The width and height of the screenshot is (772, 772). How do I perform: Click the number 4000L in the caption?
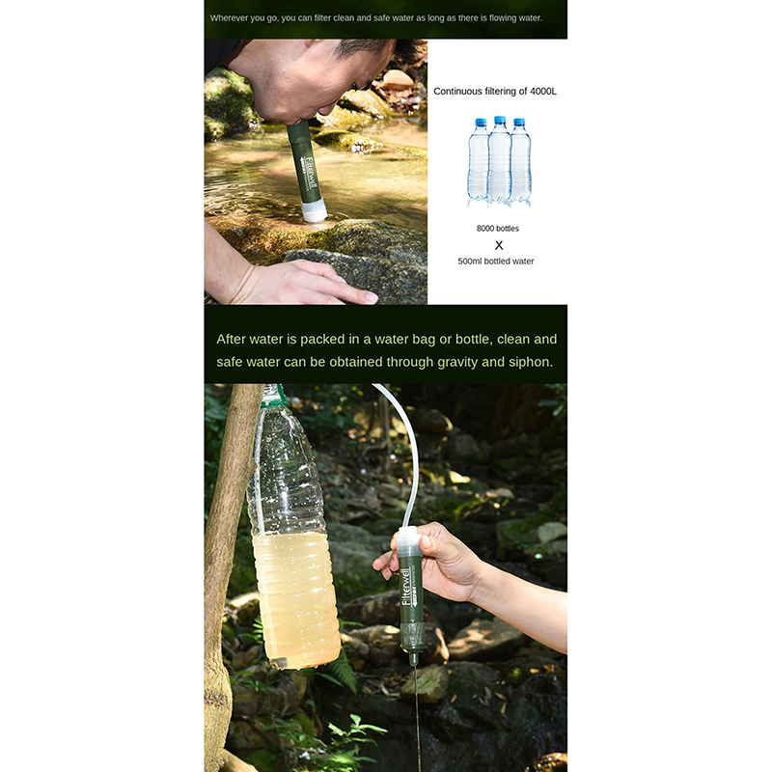click(x=543, y=91)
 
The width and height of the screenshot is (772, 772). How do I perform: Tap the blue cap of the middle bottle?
click(x=500, y=120)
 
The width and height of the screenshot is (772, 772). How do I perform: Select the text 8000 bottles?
click(x=497, y=229)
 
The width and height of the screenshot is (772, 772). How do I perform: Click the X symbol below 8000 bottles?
click(x=499, y=245)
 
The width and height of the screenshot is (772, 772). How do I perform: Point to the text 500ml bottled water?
click(x=496, y=262)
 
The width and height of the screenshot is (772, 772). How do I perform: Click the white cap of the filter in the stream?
click(x=315, y=210)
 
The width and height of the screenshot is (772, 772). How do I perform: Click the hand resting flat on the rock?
click(x=305, y=282)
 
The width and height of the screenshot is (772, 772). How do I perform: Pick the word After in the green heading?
click(x=231, y=340)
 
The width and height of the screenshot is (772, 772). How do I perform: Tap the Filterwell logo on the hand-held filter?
click(x=406, y=586)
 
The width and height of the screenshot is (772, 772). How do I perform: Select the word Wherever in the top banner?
click(x=229, y=18)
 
